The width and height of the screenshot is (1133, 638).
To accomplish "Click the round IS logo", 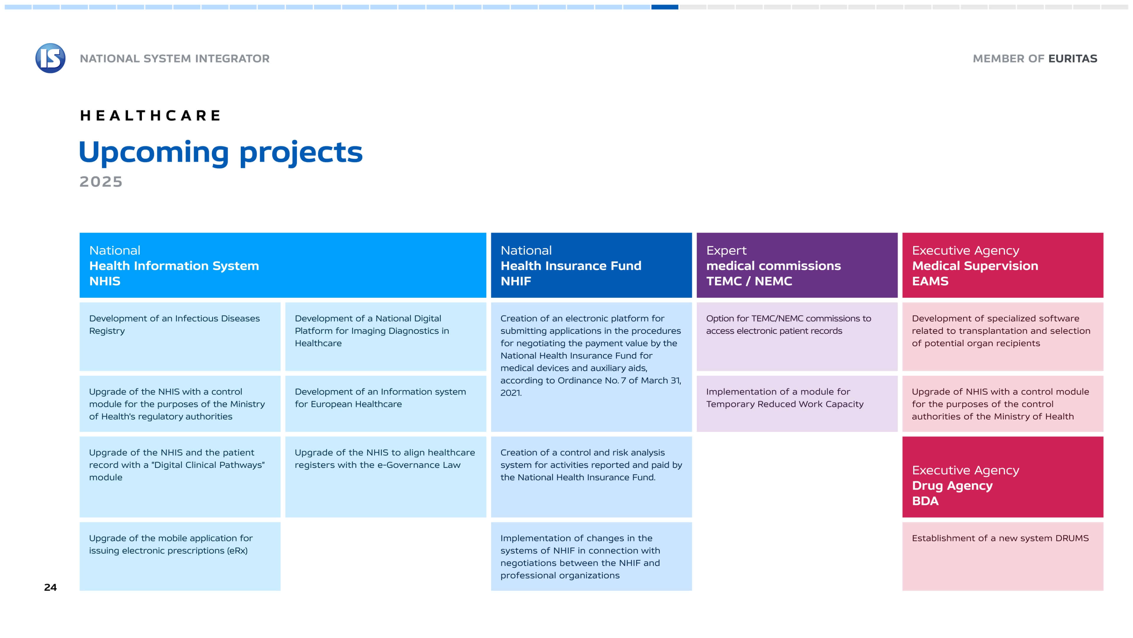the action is (50, 58).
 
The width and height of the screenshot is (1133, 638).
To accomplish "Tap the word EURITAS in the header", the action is (1073, 58).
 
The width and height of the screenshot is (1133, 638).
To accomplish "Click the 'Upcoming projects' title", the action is (221, 152).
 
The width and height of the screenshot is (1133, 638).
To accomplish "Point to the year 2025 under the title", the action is (101, 181).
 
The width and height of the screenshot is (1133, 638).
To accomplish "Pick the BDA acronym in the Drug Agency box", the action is (925, 501).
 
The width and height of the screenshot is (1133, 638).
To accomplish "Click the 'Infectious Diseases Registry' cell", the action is (180, 336).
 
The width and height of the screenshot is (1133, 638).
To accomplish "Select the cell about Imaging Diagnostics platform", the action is (386, 336).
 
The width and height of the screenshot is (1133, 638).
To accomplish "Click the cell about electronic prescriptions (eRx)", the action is (180, 556).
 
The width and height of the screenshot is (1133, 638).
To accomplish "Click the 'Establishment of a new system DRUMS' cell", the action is (1003, 556).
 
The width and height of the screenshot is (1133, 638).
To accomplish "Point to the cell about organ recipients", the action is (1003, 336).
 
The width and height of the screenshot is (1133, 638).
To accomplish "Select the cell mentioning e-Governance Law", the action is (386, 477).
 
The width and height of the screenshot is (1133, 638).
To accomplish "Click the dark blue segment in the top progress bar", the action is (664, 7).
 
